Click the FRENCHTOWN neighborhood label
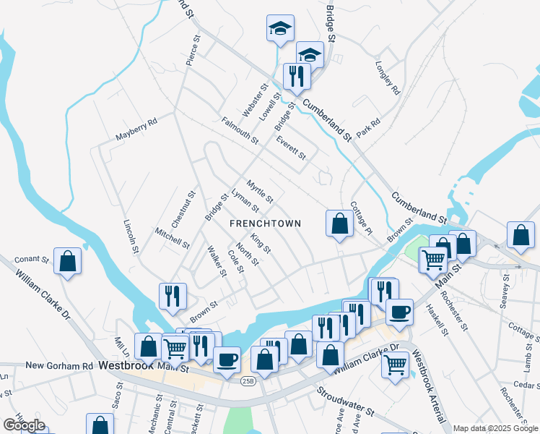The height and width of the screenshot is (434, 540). pos(264,224)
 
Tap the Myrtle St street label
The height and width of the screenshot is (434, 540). pos(259,191)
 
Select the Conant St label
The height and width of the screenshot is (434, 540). pos(31,259)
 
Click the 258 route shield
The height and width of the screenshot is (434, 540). pos(247,381)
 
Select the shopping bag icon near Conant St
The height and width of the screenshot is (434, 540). pos(67,262)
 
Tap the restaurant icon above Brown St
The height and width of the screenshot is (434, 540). pos(173,295)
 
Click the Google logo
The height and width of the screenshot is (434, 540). pos(24,425)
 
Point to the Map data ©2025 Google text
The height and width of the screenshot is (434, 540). pos(496,428)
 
